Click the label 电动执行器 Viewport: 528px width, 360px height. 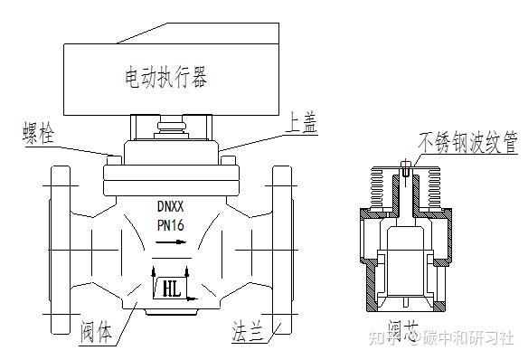point(166,78)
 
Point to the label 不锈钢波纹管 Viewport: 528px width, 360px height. point(467,144)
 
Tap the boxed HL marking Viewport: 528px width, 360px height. point(168,289)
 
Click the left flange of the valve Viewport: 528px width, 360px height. point(60,249)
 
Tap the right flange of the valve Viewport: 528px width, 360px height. point(282,249)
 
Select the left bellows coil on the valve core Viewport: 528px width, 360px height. point(383,191)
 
